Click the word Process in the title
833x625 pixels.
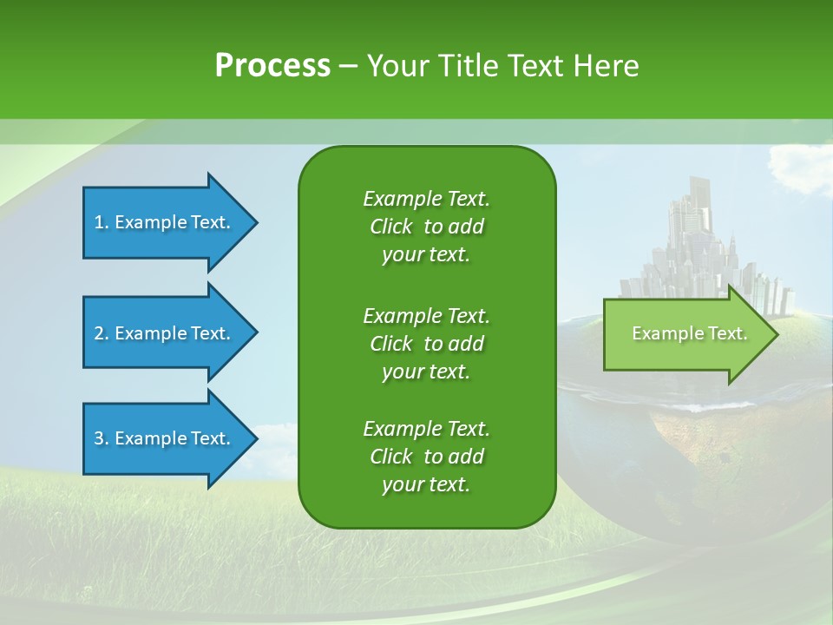(x=272, y=66)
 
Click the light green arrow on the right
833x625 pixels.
(x=685, y=334)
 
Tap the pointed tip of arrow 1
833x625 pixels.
(x=255, y=222)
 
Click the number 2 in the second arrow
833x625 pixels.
(x=99, y=333)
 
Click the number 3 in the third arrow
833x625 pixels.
(x=99, y=438)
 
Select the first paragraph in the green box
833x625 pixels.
(x=426, y=227)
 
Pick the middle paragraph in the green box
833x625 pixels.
(x=426, y=344)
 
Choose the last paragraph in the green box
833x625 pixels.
(x=426, y=457)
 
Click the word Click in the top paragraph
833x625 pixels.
(x=390, y=227)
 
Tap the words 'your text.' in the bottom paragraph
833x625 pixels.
(x=426, y=484)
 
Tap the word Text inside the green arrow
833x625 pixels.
(x=727, y=333)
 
